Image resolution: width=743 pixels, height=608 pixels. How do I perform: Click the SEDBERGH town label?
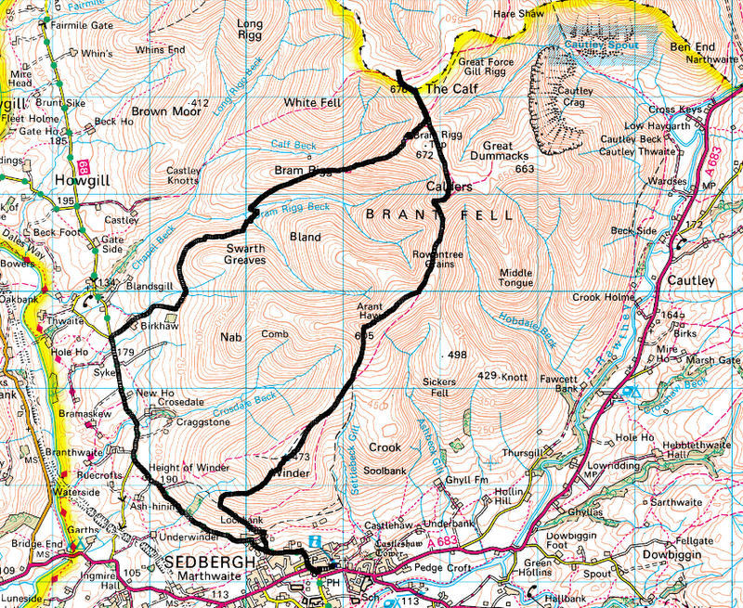pos(202,563)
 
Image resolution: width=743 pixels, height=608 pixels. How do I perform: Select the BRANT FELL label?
pos(438,214)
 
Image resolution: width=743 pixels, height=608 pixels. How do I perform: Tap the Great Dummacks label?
pos(510,152)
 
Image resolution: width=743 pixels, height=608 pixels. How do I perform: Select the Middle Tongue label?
pos(516,278)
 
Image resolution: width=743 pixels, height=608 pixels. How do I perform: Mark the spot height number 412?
pos(198,102)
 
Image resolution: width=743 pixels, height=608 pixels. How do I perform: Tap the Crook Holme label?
pos(603,297)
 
